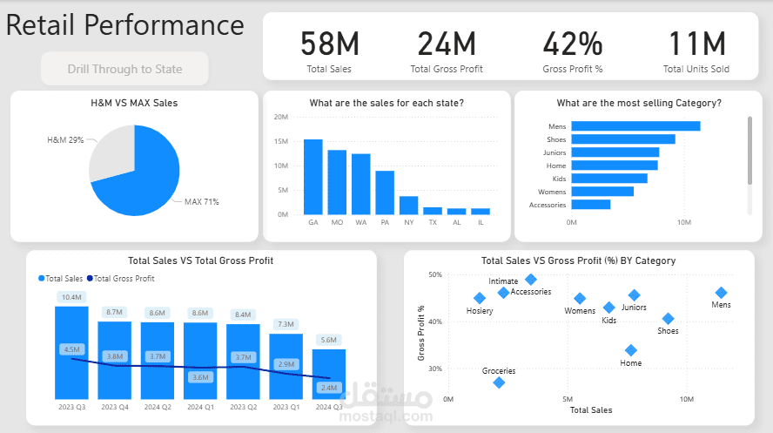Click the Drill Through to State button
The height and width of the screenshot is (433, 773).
[124, 69]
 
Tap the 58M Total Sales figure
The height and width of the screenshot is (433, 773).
[329, 44]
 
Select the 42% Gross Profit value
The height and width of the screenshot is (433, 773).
[572, 44]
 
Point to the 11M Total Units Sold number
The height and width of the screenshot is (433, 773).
[696, 44]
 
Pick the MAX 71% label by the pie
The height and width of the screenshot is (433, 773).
[201, 202]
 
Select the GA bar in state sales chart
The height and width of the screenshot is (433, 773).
[313, 177]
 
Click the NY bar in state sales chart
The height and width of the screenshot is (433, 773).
[408, 205]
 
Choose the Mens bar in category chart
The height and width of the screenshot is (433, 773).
[635, 126]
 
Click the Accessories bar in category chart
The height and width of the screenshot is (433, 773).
[591, 205]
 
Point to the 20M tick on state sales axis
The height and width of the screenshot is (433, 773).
[281, 117]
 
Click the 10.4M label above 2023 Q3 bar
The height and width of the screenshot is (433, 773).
[71, 297]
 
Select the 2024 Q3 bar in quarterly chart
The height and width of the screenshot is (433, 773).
[329, 374]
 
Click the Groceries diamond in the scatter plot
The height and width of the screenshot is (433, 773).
[499, 382]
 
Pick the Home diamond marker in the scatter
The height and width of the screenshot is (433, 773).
[631, 350]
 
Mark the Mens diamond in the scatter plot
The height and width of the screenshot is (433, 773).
[721, 293]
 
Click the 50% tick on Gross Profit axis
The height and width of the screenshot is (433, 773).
[433, 275]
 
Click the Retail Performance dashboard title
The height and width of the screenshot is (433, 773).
[125, 25]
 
